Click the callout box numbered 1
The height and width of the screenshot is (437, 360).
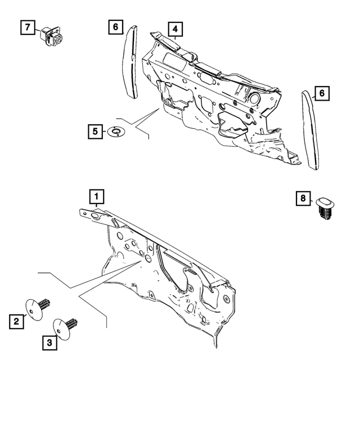pyautogui.click(x=96, y=196)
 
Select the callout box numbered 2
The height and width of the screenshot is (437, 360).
pyautogui.click(x=17, y=322)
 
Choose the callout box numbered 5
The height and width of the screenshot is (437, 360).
pyautogui.click(x=95, y=132)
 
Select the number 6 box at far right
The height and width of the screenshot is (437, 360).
pyautogui.click(x=321, y=93)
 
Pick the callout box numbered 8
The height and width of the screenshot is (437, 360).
pyautogui.click(x=303, y=198)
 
